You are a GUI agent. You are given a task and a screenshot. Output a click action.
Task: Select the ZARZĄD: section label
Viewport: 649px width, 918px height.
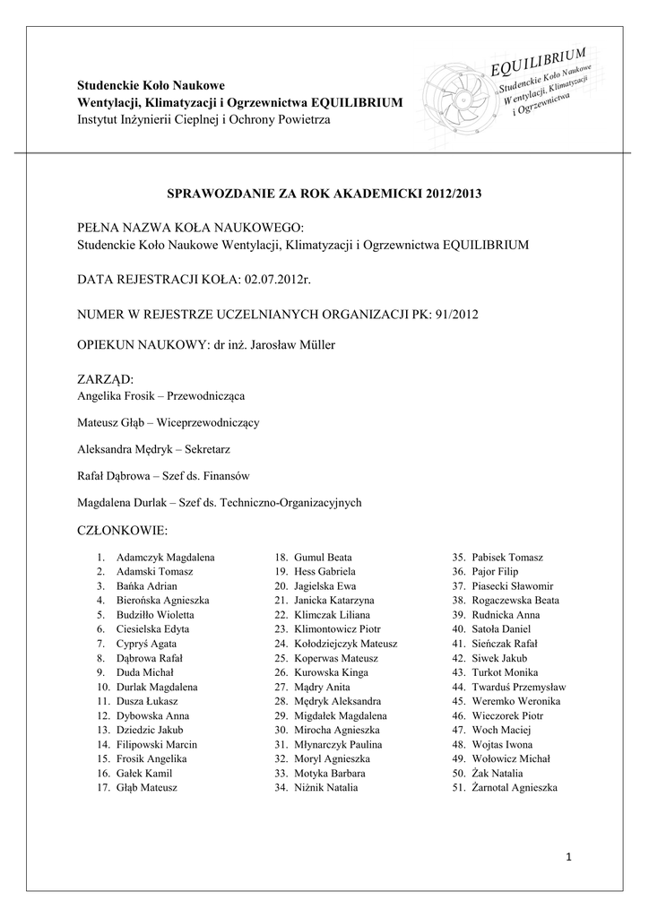tap(106, 379)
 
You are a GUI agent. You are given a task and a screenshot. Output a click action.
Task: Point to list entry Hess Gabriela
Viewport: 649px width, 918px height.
tap(324, 571)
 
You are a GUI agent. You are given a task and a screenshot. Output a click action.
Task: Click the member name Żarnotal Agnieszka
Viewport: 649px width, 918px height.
tap(514, 788)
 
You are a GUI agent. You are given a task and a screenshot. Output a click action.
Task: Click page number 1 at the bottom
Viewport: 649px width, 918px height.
tap(569, 859)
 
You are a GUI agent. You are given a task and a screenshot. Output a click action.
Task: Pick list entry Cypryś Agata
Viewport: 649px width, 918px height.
tap(146, 644)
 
